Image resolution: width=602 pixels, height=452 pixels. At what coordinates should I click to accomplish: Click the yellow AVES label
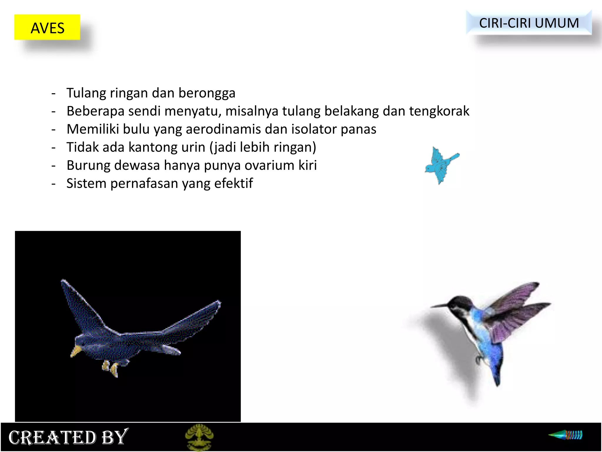(47, 27)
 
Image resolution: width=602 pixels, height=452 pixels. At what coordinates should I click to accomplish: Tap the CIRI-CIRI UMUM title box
(529, 23)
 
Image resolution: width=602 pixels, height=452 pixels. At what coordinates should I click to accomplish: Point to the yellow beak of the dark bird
(76, 351)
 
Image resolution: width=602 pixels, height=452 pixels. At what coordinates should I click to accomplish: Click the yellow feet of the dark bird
(111, 369)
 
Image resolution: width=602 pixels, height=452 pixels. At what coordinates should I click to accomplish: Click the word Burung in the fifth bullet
(88, 165)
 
